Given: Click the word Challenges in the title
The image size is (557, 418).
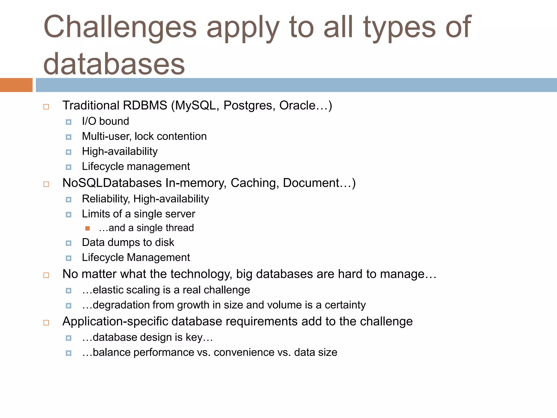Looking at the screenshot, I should point(120,27).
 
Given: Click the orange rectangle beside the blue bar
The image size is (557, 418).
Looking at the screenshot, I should point(16,85).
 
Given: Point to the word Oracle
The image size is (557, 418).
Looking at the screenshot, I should point(297,106).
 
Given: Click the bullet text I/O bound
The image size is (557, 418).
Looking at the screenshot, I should point(106,121).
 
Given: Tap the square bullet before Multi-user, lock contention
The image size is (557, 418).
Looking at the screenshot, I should point(69,137).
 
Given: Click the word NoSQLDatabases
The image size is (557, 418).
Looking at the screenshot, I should point(112,183).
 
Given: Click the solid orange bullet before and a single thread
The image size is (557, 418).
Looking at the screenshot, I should point(87,228).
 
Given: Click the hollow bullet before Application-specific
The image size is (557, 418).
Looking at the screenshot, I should point(46,322).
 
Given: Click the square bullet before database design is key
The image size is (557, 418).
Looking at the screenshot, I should point(69,338).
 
